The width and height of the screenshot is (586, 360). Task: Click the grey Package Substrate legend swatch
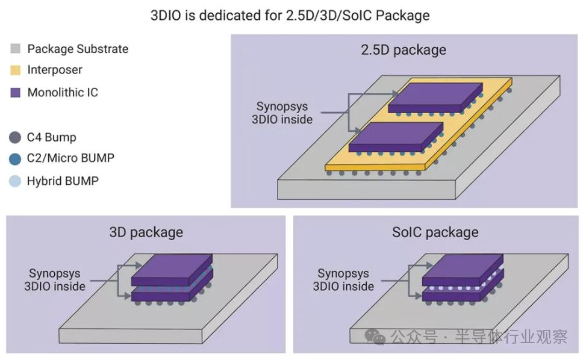click(x=16, y=49)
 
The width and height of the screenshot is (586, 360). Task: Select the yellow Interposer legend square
click(x=16, y=70)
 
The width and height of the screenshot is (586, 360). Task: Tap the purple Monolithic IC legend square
click(x=16, y=93)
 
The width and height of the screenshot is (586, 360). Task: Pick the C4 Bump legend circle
click(x=15, y=137)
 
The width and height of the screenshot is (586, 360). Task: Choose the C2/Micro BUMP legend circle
click(x=15, y=159)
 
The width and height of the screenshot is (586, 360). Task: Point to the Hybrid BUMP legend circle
click(x=15, y=181)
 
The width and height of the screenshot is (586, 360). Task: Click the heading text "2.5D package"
click(x=404, y=49)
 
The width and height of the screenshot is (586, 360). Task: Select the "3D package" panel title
click(x=146, y=232)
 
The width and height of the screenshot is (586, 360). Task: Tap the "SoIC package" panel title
click(x=435, y=232)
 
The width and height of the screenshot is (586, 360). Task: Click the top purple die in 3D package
click(x=173, y=270)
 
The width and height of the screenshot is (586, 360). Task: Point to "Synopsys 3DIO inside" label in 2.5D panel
click(x=282, y=113)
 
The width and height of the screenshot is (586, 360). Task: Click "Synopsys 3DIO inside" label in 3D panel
click(x=55, y=280)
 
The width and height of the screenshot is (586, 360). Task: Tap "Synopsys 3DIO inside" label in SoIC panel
click(x=343, y=280)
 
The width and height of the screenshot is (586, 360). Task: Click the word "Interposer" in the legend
click(x=55, y=70)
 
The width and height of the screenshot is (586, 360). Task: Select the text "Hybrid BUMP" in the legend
click(x=62, y=181)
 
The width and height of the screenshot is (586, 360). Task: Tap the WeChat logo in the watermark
click(x=379, y=338)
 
